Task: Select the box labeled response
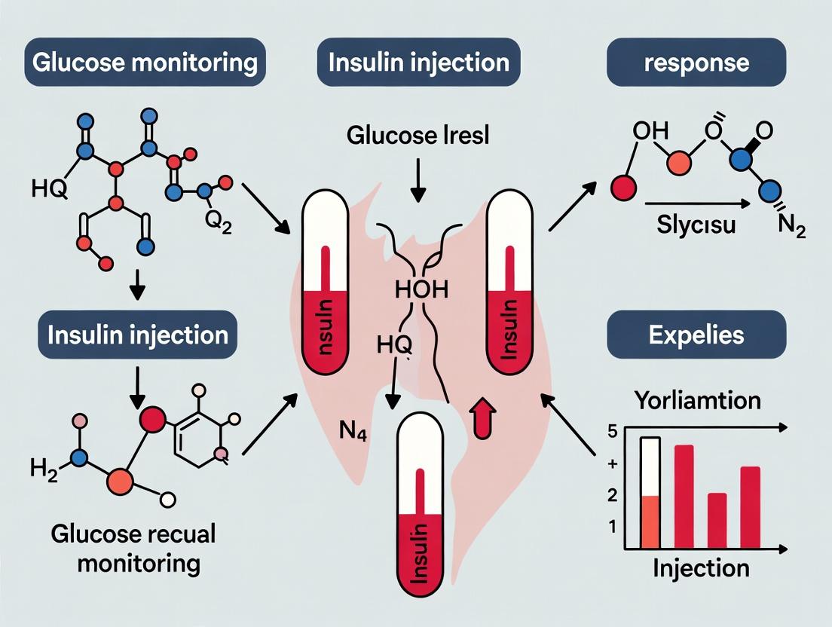pos(696,62)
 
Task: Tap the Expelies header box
pos(696,334)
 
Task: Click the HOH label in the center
pos(415,289)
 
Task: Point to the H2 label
pos(43,469)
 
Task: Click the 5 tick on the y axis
pos(612,432)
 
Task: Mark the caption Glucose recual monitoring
pos(133,548)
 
